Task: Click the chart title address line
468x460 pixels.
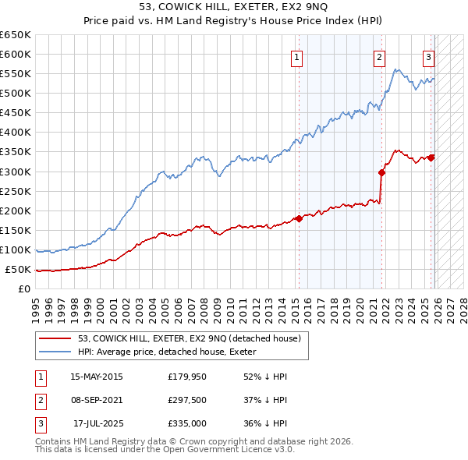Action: tap(234, 7)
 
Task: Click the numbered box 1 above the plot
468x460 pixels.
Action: tap(298, 56)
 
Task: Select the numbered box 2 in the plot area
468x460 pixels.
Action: tap(379, 56)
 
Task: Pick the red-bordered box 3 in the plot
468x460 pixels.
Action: tap(428, 56)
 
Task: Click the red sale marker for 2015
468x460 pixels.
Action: tap(298, 218)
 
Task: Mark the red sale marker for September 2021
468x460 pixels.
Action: tap(381, 172)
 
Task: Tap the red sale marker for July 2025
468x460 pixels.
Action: tap(431, 157)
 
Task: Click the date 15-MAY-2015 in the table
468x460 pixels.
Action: tap(97, 377)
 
